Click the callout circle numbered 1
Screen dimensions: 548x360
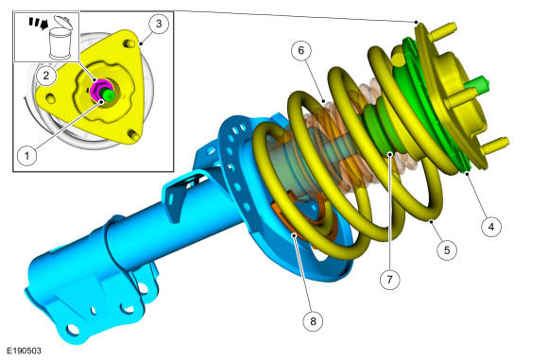[27, 156]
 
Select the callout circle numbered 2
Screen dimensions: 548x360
[46, 76]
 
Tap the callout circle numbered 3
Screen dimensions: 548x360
[159, 24]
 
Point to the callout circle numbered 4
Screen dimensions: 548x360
[491, 227]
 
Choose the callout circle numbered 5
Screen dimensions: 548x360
[447, 250]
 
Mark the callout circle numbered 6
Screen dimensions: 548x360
[301, 51]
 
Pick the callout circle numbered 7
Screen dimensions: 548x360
[389, 280]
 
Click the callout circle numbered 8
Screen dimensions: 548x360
[313, 321]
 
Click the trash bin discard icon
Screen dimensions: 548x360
[60, 38]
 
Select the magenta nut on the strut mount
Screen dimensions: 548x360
[99, 90]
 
